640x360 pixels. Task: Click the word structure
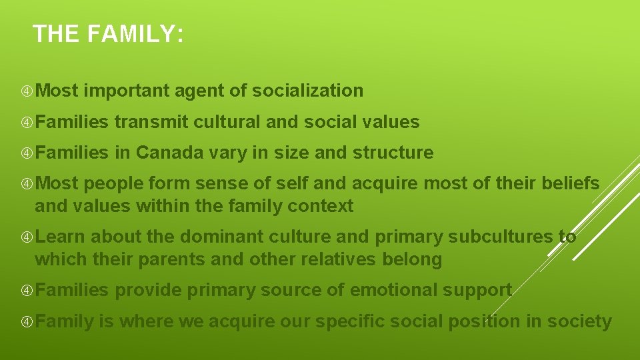coord(393,153)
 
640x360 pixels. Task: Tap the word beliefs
coord(570,183)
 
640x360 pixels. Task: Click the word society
coord(579,321)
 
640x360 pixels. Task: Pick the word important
coord(127,91)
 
